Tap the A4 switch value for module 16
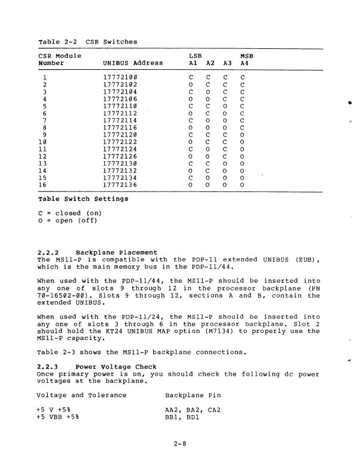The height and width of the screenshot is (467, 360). (243, 185)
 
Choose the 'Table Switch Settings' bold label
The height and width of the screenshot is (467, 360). (83, 199)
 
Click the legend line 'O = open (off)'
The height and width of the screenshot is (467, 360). (67, 221)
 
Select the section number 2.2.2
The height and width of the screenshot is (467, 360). (49, 253)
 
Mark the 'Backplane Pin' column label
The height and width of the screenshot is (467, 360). (193, 395)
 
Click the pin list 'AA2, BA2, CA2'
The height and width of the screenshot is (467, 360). (193, 410)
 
